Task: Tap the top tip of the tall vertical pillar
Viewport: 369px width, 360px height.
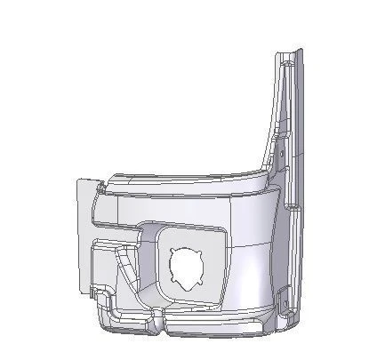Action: click(287, 55)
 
